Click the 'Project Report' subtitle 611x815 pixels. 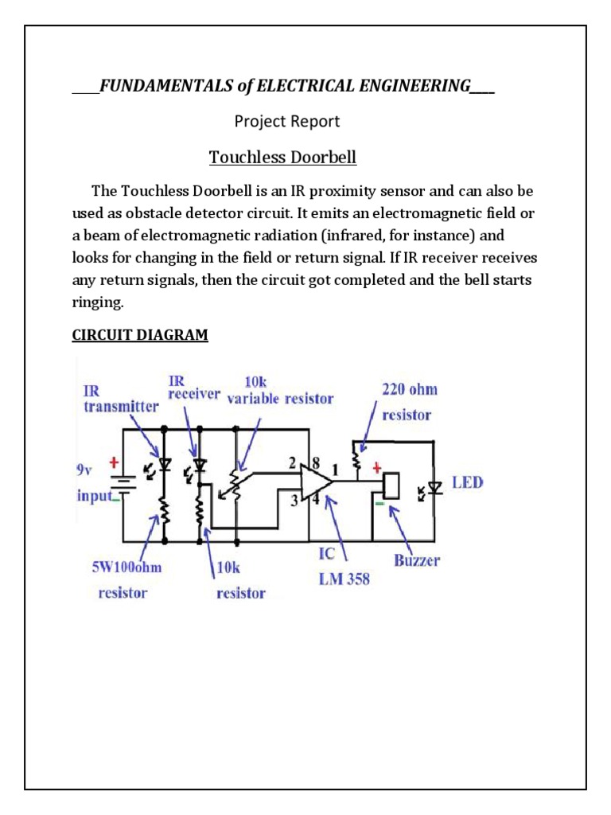tap(286, 121)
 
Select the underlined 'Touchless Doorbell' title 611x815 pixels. tap(282, 158)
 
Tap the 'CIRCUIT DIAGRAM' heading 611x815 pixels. tap(140, 335)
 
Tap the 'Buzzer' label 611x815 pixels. tap(416, 560)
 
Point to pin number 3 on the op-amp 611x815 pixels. tap(294, 500)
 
